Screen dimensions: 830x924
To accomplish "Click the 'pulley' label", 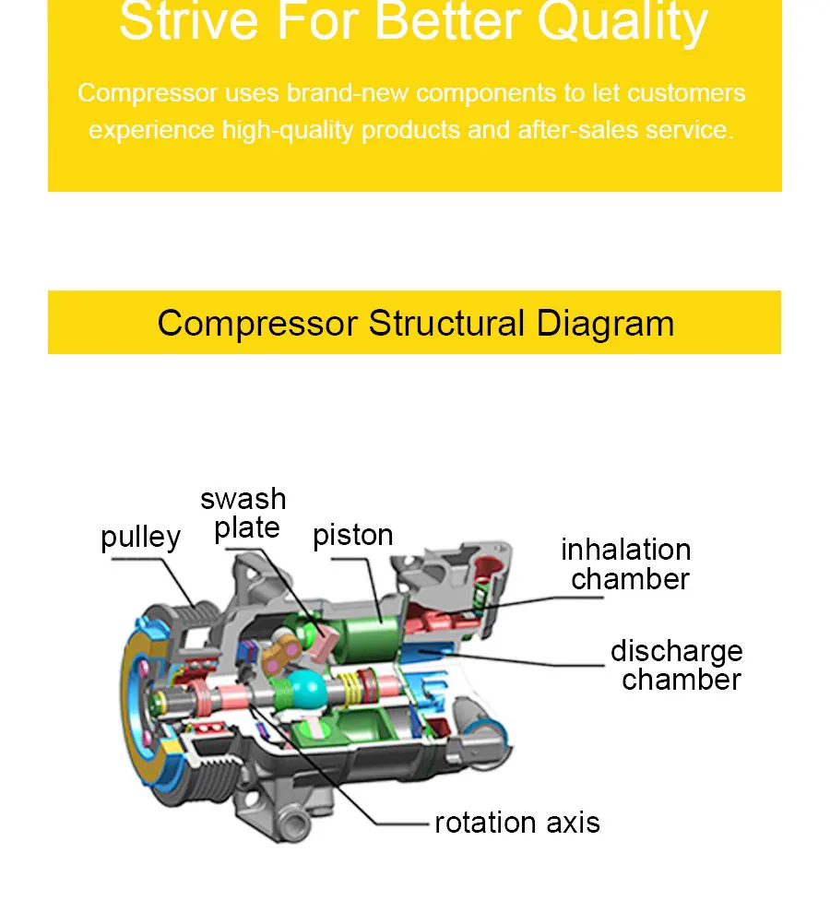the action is coord(140,538).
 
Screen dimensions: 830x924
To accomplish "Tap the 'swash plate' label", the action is coord(243,514).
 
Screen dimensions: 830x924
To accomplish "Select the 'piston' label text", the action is coord(352,536).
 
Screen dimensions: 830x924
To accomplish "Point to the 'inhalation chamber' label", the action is coord(626,564).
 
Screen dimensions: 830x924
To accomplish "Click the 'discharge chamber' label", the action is coord(677,665).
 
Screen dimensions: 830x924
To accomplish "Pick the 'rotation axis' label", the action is coord(517,823).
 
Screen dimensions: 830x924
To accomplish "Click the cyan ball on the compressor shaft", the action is coord(306,690).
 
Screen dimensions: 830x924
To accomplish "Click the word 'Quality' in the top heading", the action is coord(622,22).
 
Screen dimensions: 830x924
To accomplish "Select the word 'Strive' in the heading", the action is coord(189,21).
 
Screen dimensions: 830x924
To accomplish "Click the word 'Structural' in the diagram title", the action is coord(446,323).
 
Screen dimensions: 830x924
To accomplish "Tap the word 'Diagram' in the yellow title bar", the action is coord(605,324).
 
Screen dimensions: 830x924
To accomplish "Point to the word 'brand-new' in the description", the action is coord(347,93).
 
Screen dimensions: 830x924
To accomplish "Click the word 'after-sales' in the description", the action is coord(577,130).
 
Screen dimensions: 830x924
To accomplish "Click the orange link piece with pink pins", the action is coord(282,830).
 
